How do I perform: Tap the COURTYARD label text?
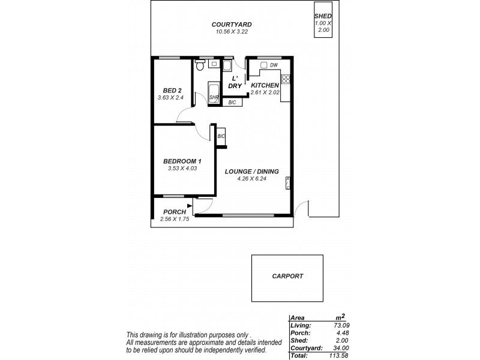[231, 25]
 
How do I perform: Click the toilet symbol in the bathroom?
[199, 69]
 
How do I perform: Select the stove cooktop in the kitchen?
[286, 78]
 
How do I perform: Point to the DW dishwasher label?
[274, 65]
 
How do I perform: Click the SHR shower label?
[214, 97]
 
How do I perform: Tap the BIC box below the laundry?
[233, 103]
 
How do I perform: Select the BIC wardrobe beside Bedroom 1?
[221, 136]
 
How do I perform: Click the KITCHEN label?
[265, 85]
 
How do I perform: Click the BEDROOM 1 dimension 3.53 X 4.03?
[183, 168]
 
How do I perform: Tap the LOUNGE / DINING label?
[251, 171]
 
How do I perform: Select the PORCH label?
[174, 212]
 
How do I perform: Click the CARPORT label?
[287, 277]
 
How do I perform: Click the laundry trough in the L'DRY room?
[228, 66]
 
